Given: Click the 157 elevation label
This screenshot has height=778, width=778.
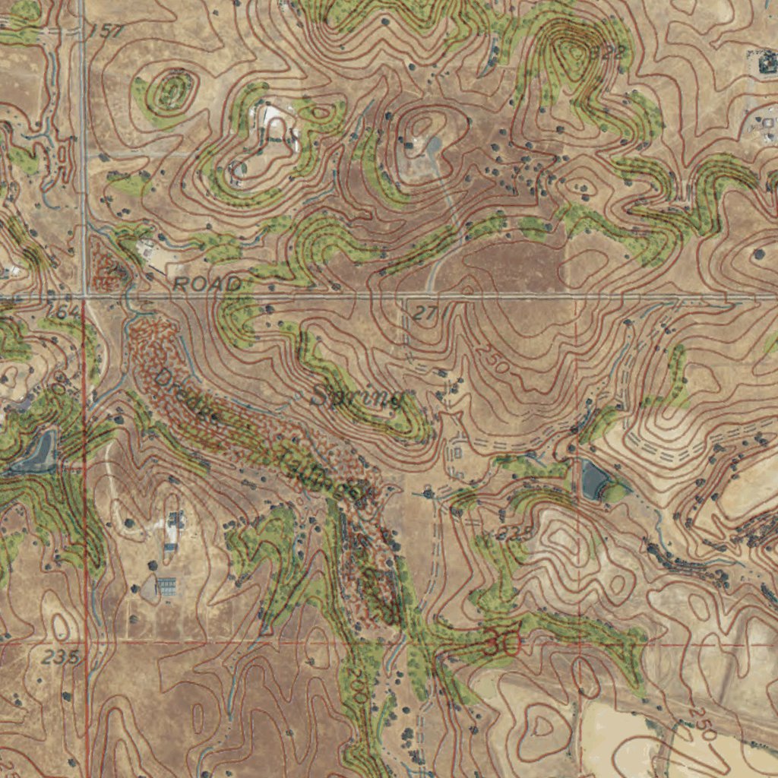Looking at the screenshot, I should coord(105,31).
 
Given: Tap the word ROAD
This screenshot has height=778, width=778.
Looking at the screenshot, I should coord(207,284).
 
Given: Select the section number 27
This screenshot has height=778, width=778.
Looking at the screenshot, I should coord(426,312).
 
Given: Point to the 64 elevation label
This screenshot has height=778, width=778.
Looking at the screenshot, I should coord(67,312).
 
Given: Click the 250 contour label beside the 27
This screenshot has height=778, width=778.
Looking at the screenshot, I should coord(493,358).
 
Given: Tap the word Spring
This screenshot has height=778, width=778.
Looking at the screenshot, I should coord(357,397).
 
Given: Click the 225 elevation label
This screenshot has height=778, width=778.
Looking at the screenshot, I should coord(517,533).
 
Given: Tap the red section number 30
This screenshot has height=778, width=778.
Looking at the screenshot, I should coord(502,645).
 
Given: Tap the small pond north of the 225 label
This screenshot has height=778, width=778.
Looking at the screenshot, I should coord(595,479).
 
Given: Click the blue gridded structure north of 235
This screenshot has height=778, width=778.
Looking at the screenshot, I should coord(166,586).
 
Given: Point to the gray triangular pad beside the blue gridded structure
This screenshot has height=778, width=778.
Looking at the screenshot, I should coord(148,587).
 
